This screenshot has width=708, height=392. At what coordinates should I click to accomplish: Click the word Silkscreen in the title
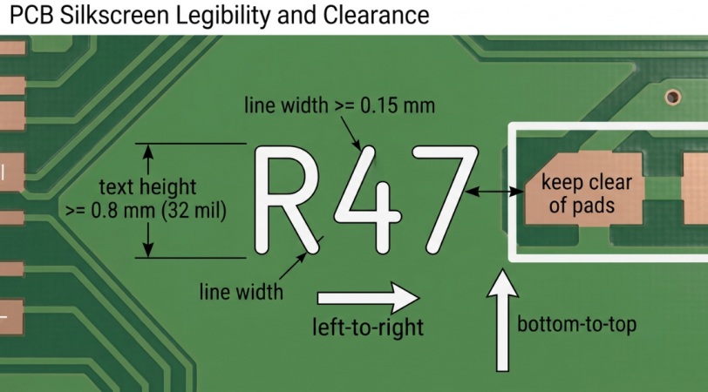(x=115, y=15)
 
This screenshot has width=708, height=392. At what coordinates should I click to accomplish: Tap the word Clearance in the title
(x=376, y=15)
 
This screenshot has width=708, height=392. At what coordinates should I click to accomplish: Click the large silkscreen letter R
(x=287, y=199)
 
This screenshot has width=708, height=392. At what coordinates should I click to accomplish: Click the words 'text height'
(x=147, y=186)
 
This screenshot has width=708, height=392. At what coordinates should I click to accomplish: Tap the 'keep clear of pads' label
(x=585, y=194)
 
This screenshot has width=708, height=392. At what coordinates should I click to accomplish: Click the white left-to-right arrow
(x=369, y=298)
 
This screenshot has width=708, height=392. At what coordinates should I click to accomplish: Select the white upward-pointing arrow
(x=502, y=321)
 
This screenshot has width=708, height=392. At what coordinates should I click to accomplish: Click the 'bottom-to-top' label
(x=576, y=324)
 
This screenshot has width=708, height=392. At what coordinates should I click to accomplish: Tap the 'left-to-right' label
(x=368, y=327)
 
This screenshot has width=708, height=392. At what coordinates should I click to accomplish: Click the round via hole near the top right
(x=673, y=97)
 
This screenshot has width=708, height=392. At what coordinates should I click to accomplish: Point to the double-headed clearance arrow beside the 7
(x=494, y=192)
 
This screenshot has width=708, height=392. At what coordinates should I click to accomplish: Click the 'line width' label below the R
(x=242, y=292)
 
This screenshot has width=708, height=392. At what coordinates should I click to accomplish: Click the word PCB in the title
(x=31, y=15)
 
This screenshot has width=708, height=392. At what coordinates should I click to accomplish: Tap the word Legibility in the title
(x=223, y=16)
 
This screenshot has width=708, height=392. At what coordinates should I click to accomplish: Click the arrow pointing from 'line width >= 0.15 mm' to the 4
(x=351, y=133)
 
